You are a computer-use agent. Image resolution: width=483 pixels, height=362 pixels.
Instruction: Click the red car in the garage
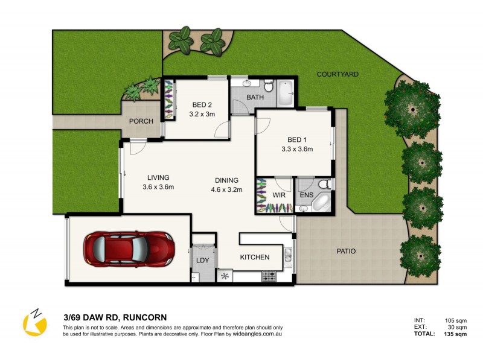point(129,247)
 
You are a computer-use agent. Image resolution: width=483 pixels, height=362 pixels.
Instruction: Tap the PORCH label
point(141,121)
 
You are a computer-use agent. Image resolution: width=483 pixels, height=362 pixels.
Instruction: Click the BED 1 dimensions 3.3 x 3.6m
point(297,149)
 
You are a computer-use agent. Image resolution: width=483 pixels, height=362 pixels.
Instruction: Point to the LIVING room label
point(158,177)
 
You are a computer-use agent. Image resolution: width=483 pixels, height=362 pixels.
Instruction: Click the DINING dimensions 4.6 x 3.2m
point(226,189)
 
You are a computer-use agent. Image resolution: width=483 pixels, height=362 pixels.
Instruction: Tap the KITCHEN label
point(255,258)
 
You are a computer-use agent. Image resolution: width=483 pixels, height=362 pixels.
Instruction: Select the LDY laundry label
point(202,261)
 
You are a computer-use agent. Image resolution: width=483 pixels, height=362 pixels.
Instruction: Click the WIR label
point(279,195)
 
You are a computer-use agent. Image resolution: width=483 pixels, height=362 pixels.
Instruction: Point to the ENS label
point(306,195)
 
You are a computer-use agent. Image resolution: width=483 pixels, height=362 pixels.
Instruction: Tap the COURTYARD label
point(338,74)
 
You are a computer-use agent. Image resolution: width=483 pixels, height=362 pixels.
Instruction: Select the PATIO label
point(346,251)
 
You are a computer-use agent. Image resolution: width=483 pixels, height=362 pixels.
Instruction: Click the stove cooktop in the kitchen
point(269,276)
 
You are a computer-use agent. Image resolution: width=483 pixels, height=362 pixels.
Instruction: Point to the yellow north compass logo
point(34,323)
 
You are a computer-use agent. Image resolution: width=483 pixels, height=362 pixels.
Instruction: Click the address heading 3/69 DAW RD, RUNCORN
point(115,317)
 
